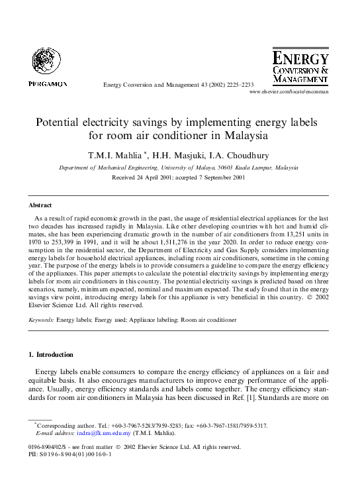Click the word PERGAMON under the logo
click(48, 84)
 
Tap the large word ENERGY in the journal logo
click(300, 58)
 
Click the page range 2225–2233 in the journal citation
click(238, 85)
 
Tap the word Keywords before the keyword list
click(41, 320)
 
